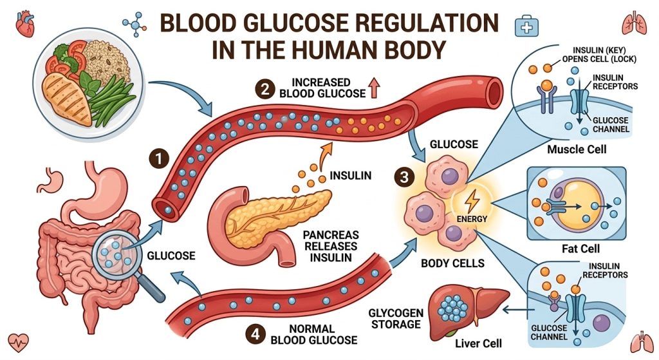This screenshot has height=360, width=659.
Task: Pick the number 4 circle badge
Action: pyautogui.click(x=255, y=334)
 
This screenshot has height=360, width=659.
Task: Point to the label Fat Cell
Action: pyautogui.click(x=576, y=248)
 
